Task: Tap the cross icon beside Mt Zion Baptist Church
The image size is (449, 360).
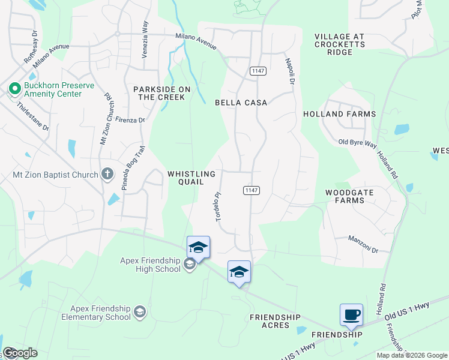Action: point(107,175)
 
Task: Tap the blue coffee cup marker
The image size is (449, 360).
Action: point(351,314)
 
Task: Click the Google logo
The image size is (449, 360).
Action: point(20,353)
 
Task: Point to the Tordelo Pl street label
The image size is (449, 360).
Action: point(218,206)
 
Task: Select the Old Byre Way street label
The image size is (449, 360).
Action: point(357,142)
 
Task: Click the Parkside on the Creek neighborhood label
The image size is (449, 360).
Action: point(161,93)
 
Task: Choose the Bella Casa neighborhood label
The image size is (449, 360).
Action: point(241,103)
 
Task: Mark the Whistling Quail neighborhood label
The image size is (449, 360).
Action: point(191,178)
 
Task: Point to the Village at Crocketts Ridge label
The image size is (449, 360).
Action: point(339,44)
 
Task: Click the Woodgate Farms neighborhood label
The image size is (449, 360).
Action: point(345,196)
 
